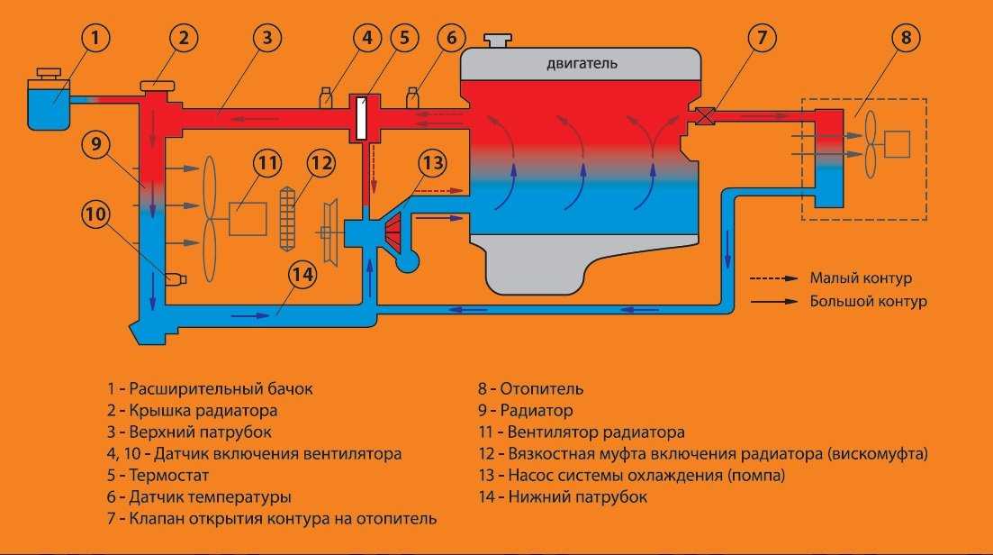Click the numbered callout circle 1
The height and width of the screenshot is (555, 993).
(95, 38)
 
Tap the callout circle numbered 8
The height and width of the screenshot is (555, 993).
(906, 38)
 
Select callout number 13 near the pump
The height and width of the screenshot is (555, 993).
(432, 163)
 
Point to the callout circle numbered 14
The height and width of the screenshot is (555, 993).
(302, 274)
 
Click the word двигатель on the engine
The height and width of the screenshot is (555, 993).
(582, 63)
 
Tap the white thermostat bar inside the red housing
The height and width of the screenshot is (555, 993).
(361, 118)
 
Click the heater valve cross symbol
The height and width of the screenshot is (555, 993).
(705, 116)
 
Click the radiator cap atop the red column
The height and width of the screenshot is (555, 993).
(157, 85)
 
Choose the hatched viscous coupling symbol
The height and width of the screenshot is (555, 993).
(287, 219)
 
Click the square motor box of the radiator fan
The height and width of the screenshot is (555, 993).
(248, 219)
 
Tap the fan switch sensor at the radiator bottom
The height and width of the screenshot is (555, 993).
(176, 278)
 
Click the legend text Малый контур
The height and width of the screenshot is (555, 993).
(861, 277)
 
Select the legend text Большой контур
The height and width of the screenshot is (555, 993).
(868, 302)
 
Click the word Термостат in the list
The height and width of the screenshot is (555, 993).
(168, 475)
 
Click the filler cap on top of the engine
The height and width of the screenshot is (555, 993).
(498, 40)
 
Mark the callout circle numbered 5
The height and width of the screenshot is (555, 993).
(404, 38)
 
